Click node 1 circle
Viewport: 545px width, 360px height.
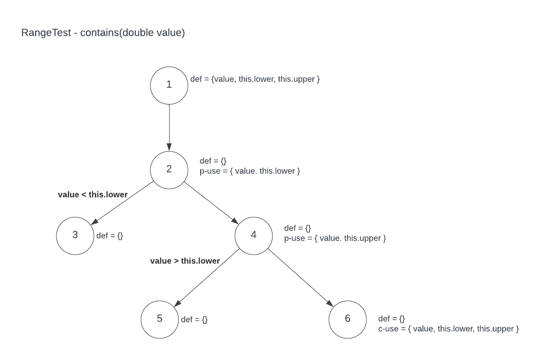(x=169, y=85)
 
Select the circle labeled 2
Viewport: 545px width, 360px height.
(x=169, y=169)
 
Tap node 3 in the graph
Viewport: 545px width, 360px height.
(x=75, y=235)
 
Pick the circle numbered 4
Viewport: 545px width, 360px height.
(x=254, y=235)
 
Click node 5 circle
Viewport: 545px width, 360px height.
(x=160, y=319)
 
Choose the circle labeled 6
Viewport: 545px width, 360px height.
(x=348, y=319)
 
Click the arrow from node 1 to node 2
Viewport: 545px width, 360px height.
(x=169, y=127)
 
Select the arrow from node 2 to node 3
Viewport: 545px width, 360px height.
(x=122, y=203)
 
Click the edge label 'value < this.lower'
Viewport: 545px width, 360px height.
(x=93, y=194)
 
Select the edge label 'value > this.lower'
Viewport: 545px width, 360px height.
(x=185, y=260)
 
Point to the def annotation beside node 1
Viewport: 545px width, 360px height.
(x=255, y=79)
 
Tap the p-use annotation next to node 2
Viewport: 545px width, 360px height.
(x=249, y=171)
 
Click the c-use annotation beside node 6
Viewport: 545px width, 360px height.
(x=448, y=329)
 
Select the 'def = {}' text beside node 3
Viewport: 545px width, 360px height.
(x=109, y=235)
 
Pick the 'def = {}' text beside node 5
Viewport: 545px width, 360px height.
(x=194, y=320)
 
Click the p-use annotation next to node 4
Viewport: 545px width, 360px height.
(x=335, y=238)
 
